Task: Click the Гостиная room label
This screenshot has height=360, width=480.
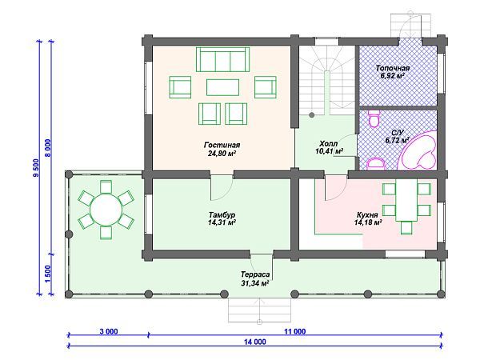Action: tap(222, 145)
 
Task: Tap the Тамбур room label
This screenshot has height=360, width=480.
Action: tap(222, 214)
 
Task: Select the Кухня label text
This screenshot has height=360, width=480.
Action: tap(367, 214)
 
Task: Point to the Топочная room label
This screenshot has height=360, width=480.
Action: tap(393, 68)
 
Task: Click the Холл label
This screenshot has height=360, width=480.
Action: tap(329, 143)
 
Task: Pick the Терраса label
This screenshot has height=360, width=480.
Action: tap(255, 274)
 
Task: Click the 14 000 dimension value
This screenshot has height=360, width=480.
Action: tap(255, 342)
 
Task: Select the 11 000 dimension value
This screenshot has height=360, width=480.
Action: tap(294, 331)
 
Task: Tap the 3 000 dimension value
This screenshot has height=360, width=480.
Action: tap(109, 331)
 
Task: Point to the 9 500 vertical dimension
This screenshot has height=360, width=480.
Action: tap(36, 168)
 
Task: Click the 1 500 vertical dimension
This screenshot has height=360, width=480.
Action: tap(48, 274)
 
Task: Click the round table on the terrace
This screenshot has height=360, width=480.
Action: tap(106, 210)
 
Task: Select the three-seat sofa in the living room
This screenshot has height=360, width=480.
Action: tap(222, 59)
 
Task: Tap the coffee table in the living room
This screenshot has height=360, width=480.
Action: tap(223, 87)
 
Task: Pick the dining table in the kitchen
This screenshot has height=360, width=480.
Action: tap(406, 200)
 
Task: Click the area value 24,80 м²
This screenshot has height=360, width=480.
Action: tap(222, 153)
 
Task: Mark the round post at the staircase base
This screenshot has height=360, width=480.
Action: tap(312, 115)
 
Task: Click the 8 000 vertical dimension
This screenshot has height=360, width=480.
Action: tap(48, 148)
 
